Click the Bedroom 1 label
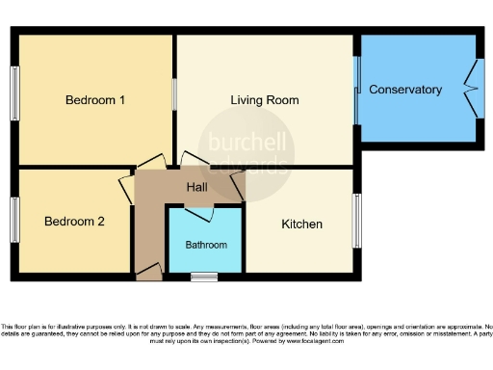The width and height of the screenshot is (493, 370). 95,99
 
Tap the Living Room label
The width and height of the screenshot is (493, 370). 264,99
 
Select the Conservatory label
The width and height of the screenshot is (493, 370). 405,90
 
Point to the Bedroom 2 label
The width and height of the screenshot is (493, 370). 74,221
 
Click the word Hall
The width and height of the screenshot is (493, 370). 197,187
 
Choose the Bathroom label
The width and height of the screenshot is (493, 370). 206,245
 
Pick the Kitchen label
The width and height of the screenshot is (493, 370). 301,225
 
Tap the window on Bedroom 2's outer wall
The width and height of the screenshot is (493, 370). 15,221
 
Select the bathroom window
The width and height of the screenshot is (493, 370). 203,277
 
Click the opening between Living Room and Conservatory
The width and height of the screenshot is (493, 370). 356,90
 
